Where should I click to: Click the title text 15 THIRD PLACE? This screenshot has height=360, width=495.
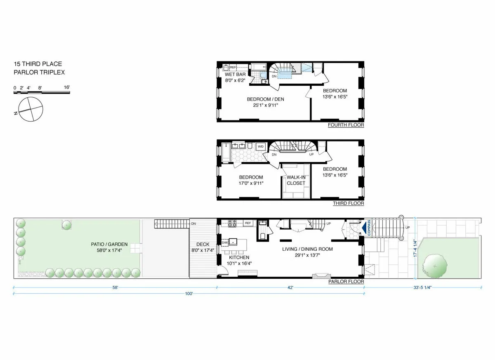coord(38,64)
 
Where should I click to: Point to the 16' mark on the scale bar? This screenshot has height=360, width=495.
coord(67,87)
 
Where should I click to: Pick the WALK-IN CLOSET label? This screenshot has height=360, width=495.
coord(296,180)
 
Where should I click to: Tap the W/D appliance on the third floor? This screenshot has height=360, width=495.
coord(261,147)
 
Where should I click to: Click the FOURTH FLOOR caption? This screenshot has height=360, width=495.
coord(346,125)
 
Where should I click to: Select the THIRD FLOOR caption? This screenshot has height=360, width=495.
coord(348,203)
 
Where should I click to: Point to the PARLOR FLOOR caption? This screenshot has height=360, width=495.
coord(346,282)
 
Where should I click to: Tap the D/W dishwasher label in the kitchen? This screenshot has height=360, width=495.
coord(225,243)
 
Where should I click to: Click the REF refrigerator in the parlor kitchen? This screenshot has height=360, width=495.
coord(248,223)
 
